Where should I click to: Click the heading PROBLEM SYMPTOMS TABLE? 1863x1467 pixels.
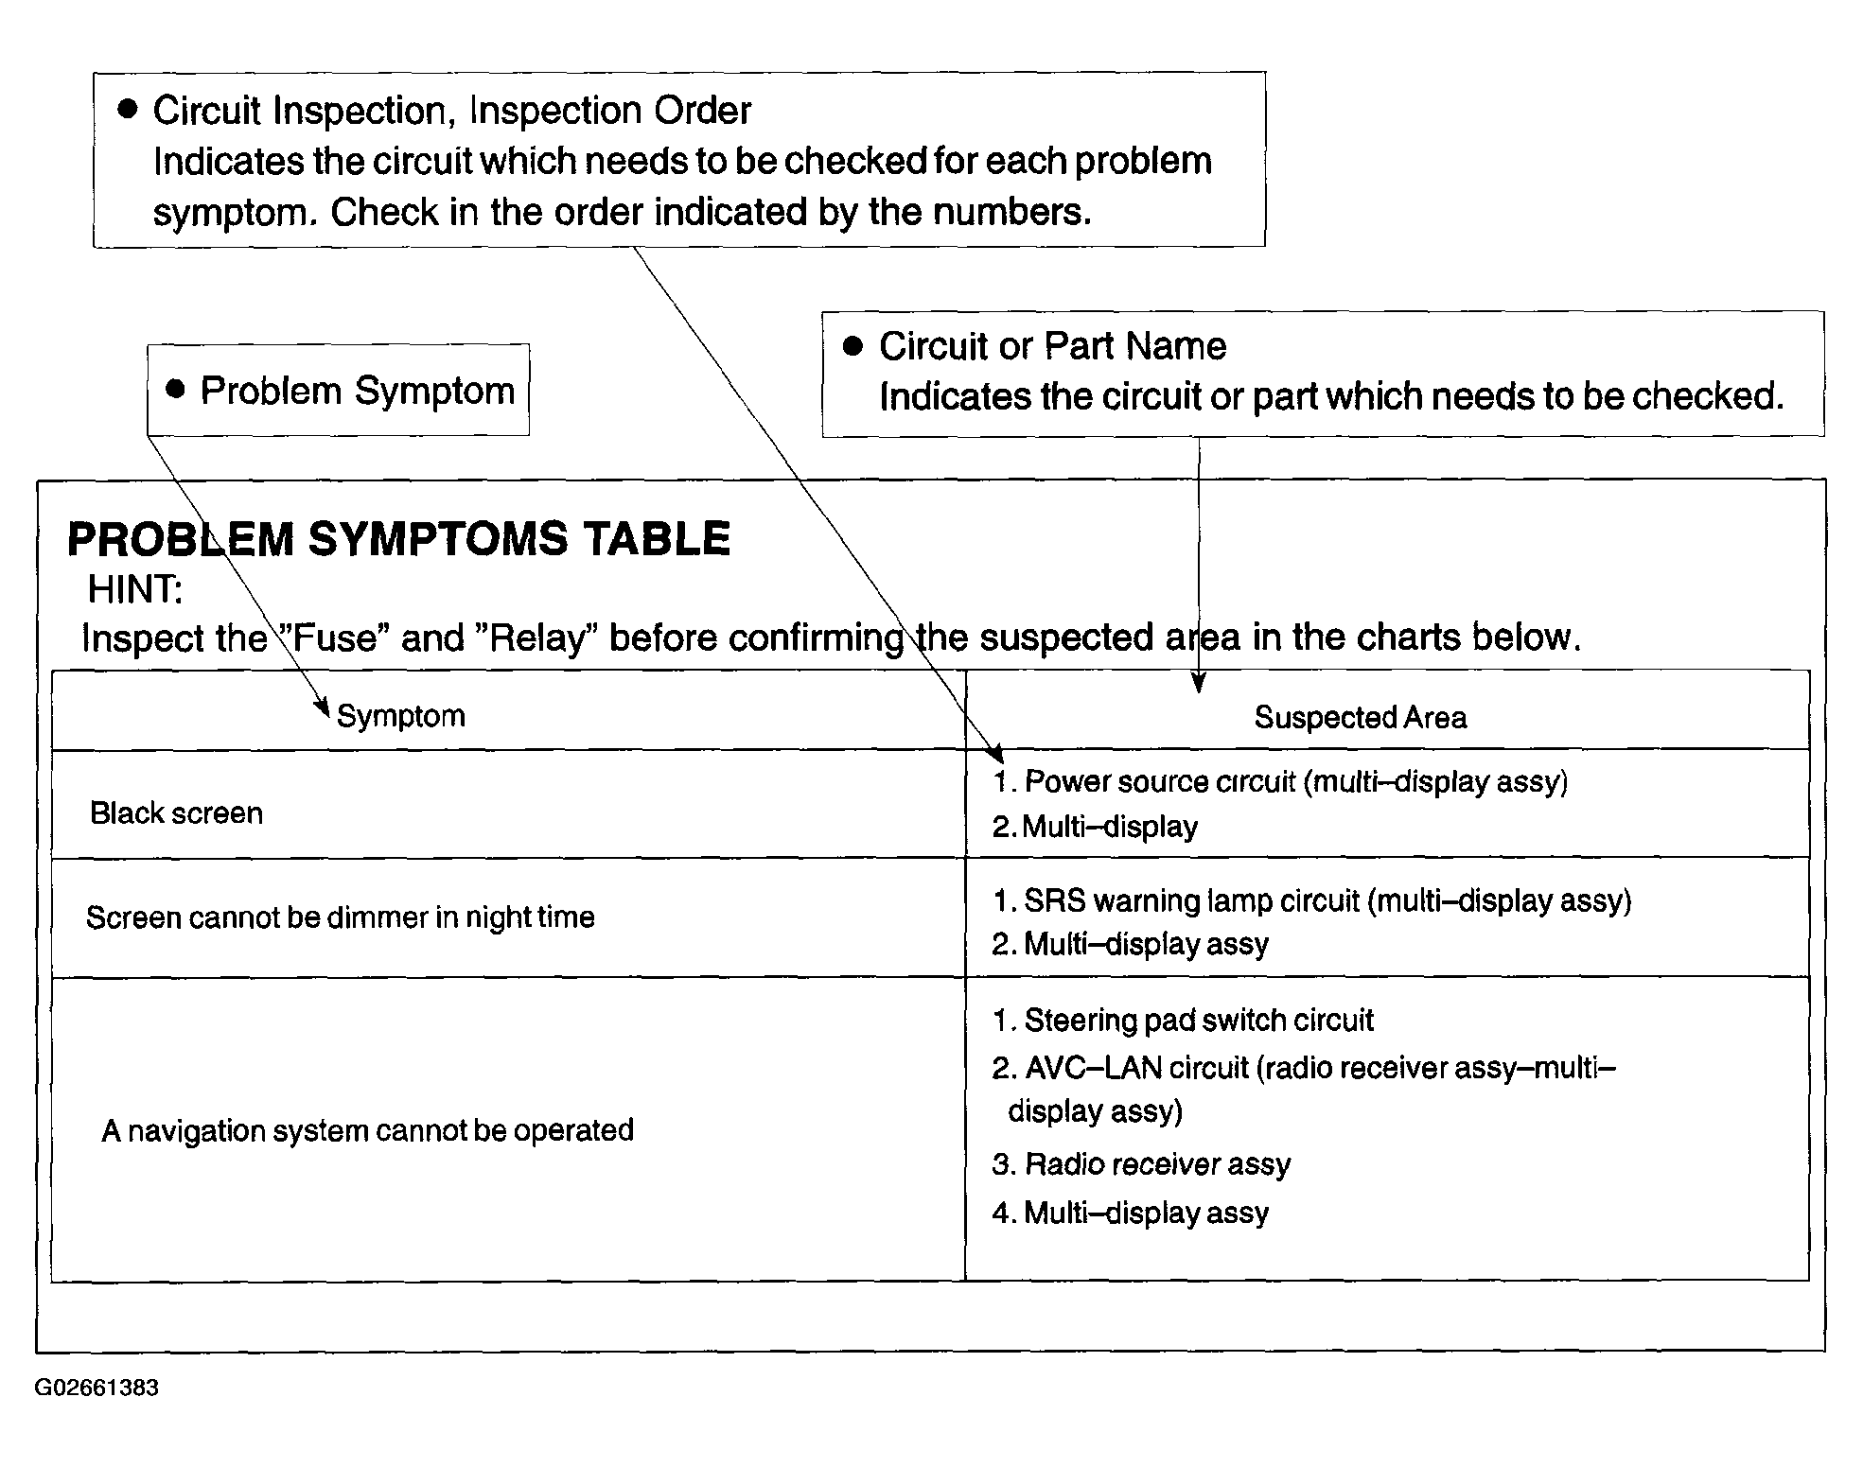point(398,540)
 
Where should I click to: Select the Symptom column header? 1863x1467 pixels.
point(401,716)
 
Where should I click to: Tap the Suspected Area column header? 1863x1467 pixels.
point(1360,718)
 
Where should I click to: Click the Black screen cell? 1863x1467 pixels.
point(176,813)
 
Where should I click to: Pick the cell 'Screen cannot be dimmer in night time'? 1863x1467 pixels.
point(340,917)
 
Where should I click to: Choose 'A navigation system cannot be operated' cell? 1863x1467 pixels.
point(367,1130)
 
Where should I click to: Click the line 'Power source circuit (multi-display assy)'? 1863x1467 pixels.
point(1280,782)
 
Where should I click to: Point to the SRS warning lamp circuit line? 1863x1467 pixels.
point(1312,900)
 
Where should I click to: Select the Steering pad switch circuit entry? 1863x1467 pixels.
point(1183,1021)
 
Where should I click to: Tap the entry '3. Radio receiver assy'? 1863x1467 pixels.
point(1141,1164)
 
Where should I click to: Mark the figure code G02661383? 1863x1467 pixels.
point(97,1388)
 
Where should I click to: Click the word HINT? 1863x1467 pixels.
point(134,590)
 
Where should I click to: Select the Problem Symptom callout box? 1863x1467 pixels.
point(338,390)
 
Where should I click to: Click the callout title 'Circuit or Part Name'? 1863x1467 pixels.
point(1052,346)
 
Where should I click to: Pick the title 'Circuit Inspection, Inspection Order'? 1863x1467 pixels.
point(451,111)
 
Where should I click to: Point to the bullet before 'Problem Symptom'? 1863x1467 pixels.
point(175,389)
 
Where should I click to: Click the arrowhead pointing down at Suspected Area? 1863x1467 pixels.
point(1199,683)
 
